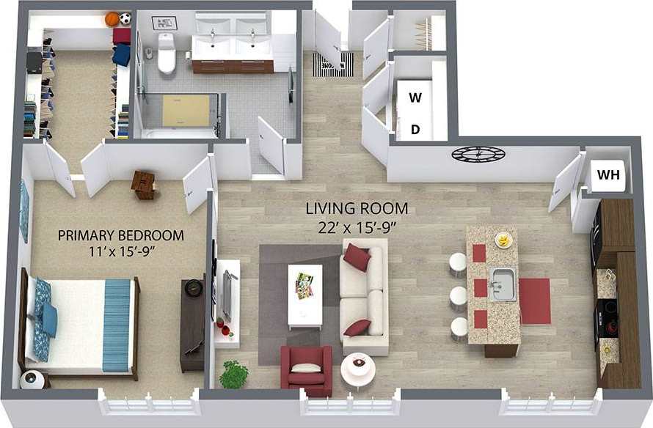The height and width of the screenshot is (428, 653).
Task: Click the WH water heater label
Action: tap(608, 175)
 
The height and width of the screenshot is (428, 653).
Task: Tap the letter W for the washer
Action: tap(415, 97)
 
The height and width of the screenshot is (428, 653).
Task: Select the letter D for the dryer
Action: tap(415, 130)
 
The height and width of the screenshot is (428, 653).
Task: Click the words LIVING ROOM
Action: tap(357, 209)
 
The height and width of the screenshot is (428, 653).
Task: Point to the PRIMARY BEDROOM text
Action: tap(120, 235)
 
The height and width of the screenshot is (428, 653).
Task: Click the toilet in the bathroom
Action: tap(167, 54)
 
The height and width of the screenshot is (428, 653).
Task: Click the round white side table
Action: tap(358, 366)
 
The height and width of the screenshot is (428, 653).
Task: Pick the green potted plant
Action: tap(234, 374)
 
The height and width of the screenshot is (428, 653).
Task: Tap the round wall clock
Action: tap(478, 154)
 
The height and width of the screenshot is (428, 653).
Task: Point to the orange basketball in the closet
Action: tap(112, 19)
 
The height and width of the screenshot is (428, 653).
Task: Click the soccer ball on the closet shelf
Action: tap(125, 18)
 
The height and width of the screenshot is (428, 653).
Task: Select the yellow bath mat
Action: tap(186, 110)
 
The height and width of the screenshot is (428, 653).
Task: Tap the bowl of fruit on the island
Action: tap(503, 240)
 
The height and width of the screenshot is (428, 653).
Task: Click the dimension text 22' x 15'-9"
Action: tap(357, 226)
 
